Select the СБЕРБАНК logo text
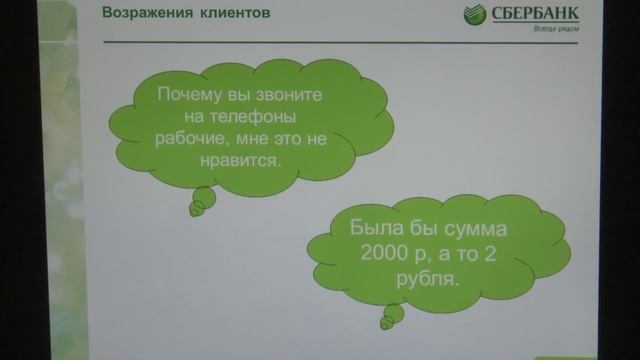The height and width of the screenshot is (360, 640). point(528,15)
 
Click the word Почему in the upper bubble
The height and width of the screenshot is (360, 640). point(191,96)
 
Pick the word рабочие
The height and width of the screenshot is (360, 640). point(195,138)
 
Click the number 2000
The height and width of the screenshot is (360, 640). point(377,256)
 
